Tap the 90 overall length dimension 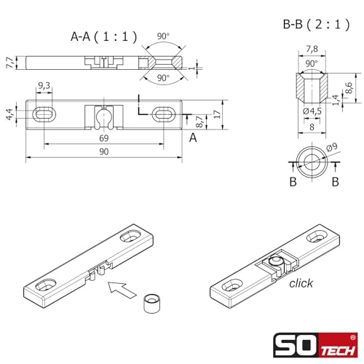(104, 151)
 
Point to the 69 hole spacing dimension (104, 138)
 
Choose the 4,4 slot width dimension (9, 114)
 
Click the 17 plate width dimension (218, 114)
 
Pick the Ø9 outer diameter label (333, 148)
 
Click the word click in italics (300, 282)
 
